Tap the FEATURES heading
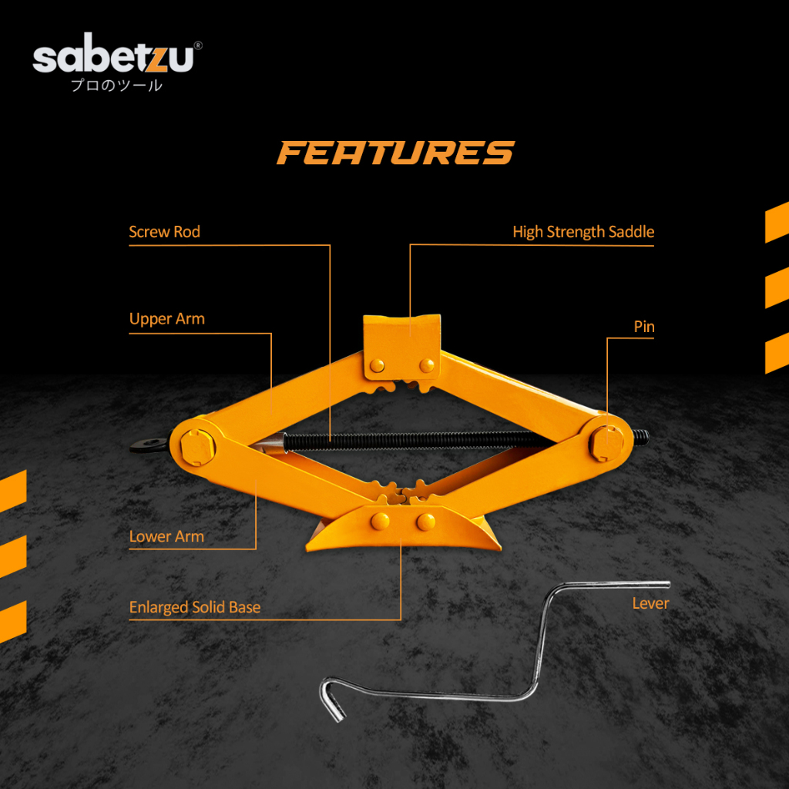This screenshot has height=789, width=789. point(395,153)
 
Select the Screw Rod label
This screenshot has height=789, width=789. point(164,232)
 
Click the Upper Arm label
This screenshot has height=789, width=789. point(167,319)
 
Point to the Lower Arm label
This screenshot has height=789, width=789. point(166,536)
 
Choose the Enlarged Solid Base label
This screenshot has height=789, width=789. point(195,607)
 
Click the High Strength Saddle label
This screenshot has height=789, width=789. point(583,232)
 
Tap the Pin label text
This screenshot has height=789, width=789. point(644,327)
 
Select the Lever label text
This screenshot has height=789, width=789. point(650,603)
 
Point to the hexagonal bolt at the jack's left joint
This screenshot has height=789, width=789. point(193,445)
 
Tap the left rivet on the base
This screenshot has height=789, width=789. point(380,522)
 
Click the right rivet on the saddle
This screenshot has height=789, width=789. point(426,364)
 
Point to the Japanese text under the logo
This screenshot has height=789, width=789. point(116,86)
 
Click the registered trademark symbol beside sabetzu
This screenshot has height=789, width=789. point(198,46)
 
